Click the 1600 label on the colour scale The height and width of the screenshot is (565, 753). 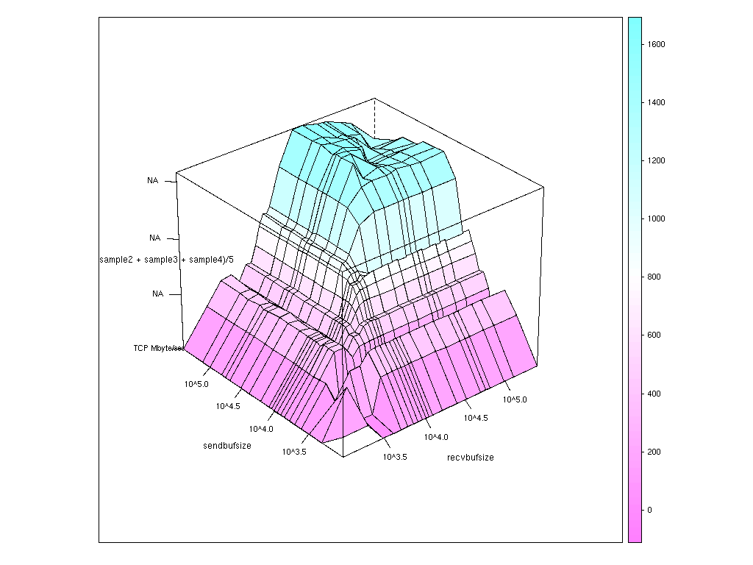pyautogui.click(x=656, y=44)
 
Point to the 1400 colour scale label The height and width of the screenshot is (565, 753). pyautogui.click(x=656, y=102)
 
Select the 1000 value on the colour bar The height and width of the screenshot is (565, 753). pyautogui.click(x=656, y=218)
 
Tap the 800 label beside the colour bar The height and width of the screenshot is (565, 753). pyautogui.click(x=654, y=277)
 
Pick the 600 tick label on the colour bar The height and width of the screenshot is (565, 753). pyautogui.click(x=654, y=335)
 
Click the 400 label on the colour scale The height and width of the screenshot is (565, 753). pyautogui.click(x=654, y=394)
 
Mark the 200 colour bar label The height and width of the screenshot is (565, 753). pyautogui.click(x=654, y=452)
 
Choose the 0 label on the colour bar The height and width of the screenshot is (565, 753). pyautogui.click(x=649, y=510)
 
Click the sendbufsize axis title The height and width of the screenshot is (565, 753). pyautogui.click(x=227, y=446)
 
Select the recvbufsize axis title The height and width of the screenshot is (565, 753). pyautogui.click(x=471, y=458)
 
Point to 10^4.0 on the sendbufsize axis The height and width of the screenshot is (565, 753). pyautogui.click(x=261, y=429)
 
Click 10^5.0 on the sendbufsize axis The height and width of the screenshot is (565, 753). pyautogui.click(x=196, y=384)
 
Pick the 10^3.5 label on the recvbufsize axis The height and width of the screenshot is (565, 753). pyautogui.click(x=395, y=457)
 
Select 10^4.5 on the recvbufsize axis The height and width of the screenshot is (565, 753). pyautogui.click(x=476, y=418)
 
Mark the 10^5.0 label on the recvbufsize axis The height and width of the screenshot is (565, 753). pyautogui.click(x=515, y=399)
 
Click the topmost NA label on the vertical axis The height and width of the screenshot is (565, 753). pyautogui.click(x=154, y=180)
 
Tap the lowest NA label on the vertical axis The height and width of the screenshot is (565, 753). pyautogui.click(x=157, y=294)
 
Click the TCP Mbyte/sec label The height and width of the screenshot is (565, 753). pyautogui.click(x=157, y=348)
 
